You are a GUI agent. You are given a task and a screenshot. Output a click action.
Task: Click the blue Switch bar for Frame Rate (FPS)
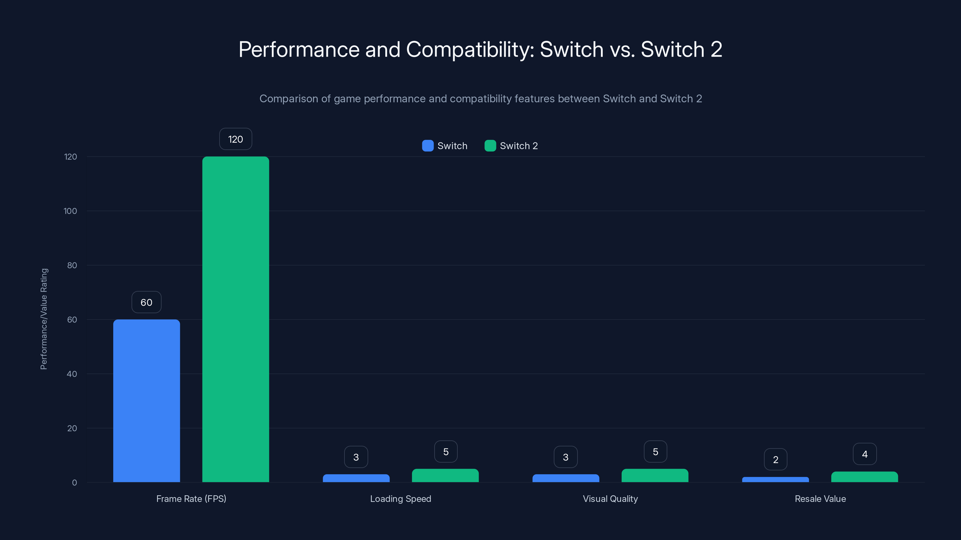tap(146, 400)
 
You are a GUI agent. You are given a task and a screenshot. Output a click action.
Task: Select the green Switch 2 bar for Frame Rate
tap(235, 319)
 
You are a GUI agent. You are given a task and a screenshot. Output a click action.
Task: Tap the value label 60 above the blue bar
tap(146, 302)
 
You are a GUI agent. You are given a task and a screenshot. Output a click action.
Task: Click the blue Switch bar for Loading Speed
tap(356, 478)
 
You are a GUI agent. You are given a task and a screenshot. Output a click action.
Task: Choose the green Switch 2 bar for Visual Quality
tap(655, 475)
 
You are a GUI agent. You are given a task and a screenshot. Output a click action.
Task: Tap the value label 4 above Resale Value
tap(865, 454)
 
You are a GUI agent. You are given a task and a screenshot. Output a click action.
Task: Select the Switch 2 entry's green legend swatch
tap(490, 146)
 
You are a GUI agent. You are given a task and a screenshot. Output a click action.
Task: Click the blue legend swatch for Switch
tap(428, 146)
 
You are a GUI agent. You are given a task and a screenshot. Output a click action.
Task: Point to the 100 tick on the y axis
tap(70, 211)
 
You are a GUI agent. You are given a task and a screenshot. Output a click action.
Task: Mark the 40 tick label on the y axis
tap(72, 374)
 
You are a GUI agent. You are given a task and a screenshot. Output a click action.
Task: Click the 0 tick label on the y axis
tap(74, 483)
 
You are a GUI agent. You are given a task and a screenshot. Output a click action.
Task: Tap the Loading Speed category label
tap(400, 499)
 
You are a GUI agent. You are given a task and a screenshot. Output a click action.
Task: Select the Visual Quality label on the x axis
tap(610, 499)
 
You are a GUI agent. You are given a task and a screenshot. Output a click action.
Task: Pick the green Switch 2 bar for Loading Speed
tap(445, 475)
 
